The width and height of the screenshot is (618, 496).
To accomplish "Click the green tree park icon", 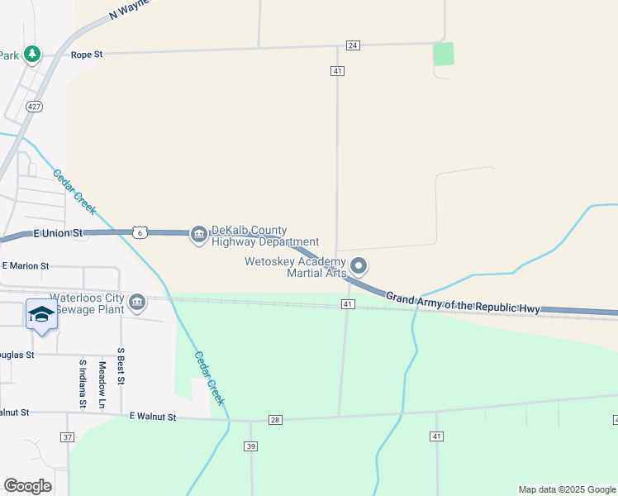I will pyautogui.click(x=32, y=54).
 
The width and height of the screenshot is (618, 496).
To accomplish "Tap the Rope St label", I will pyautogui.click(x=87, y=55).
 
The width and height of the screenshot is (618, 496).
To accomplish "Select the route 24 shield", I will pyautogui.click(x=353, y=45).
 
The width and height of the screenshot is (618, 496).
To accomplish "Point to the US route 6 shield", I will pyautogui.click(x=141, y=233).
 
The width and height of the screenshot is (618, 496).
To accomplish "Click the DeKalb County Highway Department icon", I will pyautogui.click(x=199, y=236).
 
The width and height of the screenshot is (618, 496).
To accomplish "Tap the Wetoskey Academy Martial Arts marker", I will pyautogui.click(x=359, y=265).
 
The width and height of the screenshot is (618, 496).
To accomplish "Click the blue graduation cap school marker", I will pyautogui.click(x=41, y=314).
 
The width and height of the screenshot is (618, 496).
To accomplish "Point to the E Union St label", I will pyautogui.click(x=60, y=234).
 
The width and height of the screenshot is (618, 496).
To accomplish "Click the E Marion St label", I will pyautogui.click(x=26, y=266).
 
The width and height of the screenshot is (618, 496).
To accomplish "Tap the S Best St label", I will pyautogui.click(x=121, y=366).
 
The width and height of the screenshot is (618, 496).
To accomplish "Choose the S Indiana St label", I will pyautogui.click(x=83, y=384).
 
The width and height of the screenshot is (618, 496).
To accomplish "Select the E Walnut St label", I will pyautogui.click(x=153, y=417).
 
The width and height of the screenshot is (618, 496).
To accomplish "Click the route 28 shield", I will pyautogui.click(x=275, y=420).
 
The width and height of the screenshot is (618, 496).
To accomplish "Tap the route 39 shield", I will pyautogui.click(x=251, y=446).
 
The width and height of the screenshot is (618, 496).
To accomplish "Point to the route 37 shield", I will pyautogui.click(x=68, y=436).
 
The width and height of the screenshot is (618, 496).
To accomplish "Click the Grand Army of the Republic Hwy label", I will pyautogui.click(x=463, y=303).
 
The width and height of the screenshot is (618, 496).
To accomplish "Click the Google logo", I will pyautogui.click(x=27, y=486).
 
